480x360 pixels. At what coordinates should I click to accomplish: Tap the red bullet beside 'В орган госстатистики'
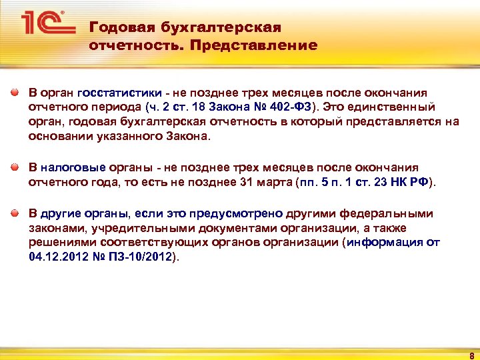(14, 93)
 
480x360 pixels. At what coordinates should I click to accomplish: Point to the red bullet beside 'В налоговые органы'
(14, 167)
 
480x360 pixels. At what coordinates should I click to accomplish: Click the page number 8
(471, 355)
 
